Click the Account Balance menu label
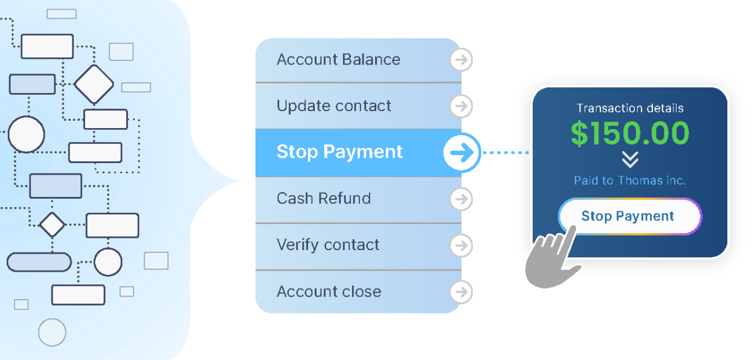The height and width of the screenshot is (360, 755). click(338, 60)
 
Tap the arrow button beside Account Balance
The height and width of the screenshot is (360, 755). click(461, 60)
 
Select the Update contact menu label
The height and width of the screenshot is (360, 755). click(333, 106)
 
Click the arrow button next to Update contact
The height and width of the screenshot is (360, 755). click(461, 106)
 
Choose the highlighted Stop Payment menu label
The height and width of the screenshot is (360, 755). click(339, 152)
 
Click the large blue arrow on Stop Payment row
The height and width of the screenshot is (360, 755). click(462, 152)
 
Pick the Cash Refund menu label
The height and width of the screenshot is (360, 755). click(324, 198)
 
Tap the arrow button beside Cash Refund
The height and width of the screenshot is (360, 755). click(461, 199)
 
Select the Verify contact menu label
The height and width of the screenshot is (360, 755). click(328, 245)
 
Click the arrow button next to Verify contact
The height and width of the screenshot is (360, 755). click(461, 245)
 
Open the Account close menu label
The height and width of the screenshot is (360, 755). click(329, 292)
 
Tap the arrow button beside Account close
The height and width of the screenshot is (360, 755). click(461, 292)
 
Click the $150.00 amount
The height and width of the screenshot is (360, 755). click(630, 133)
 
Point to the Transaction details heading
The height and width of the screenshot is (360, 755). click(630, 108)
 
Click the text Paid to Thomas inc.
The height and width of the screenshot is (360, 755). click(629, 181)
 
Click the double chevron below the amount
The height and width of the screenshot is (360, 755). click(630, 159)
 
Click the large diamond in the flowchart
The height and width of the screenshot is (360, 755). click(94, 84)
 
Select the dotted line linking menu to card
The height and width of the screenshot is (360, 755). click(506, 153)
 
